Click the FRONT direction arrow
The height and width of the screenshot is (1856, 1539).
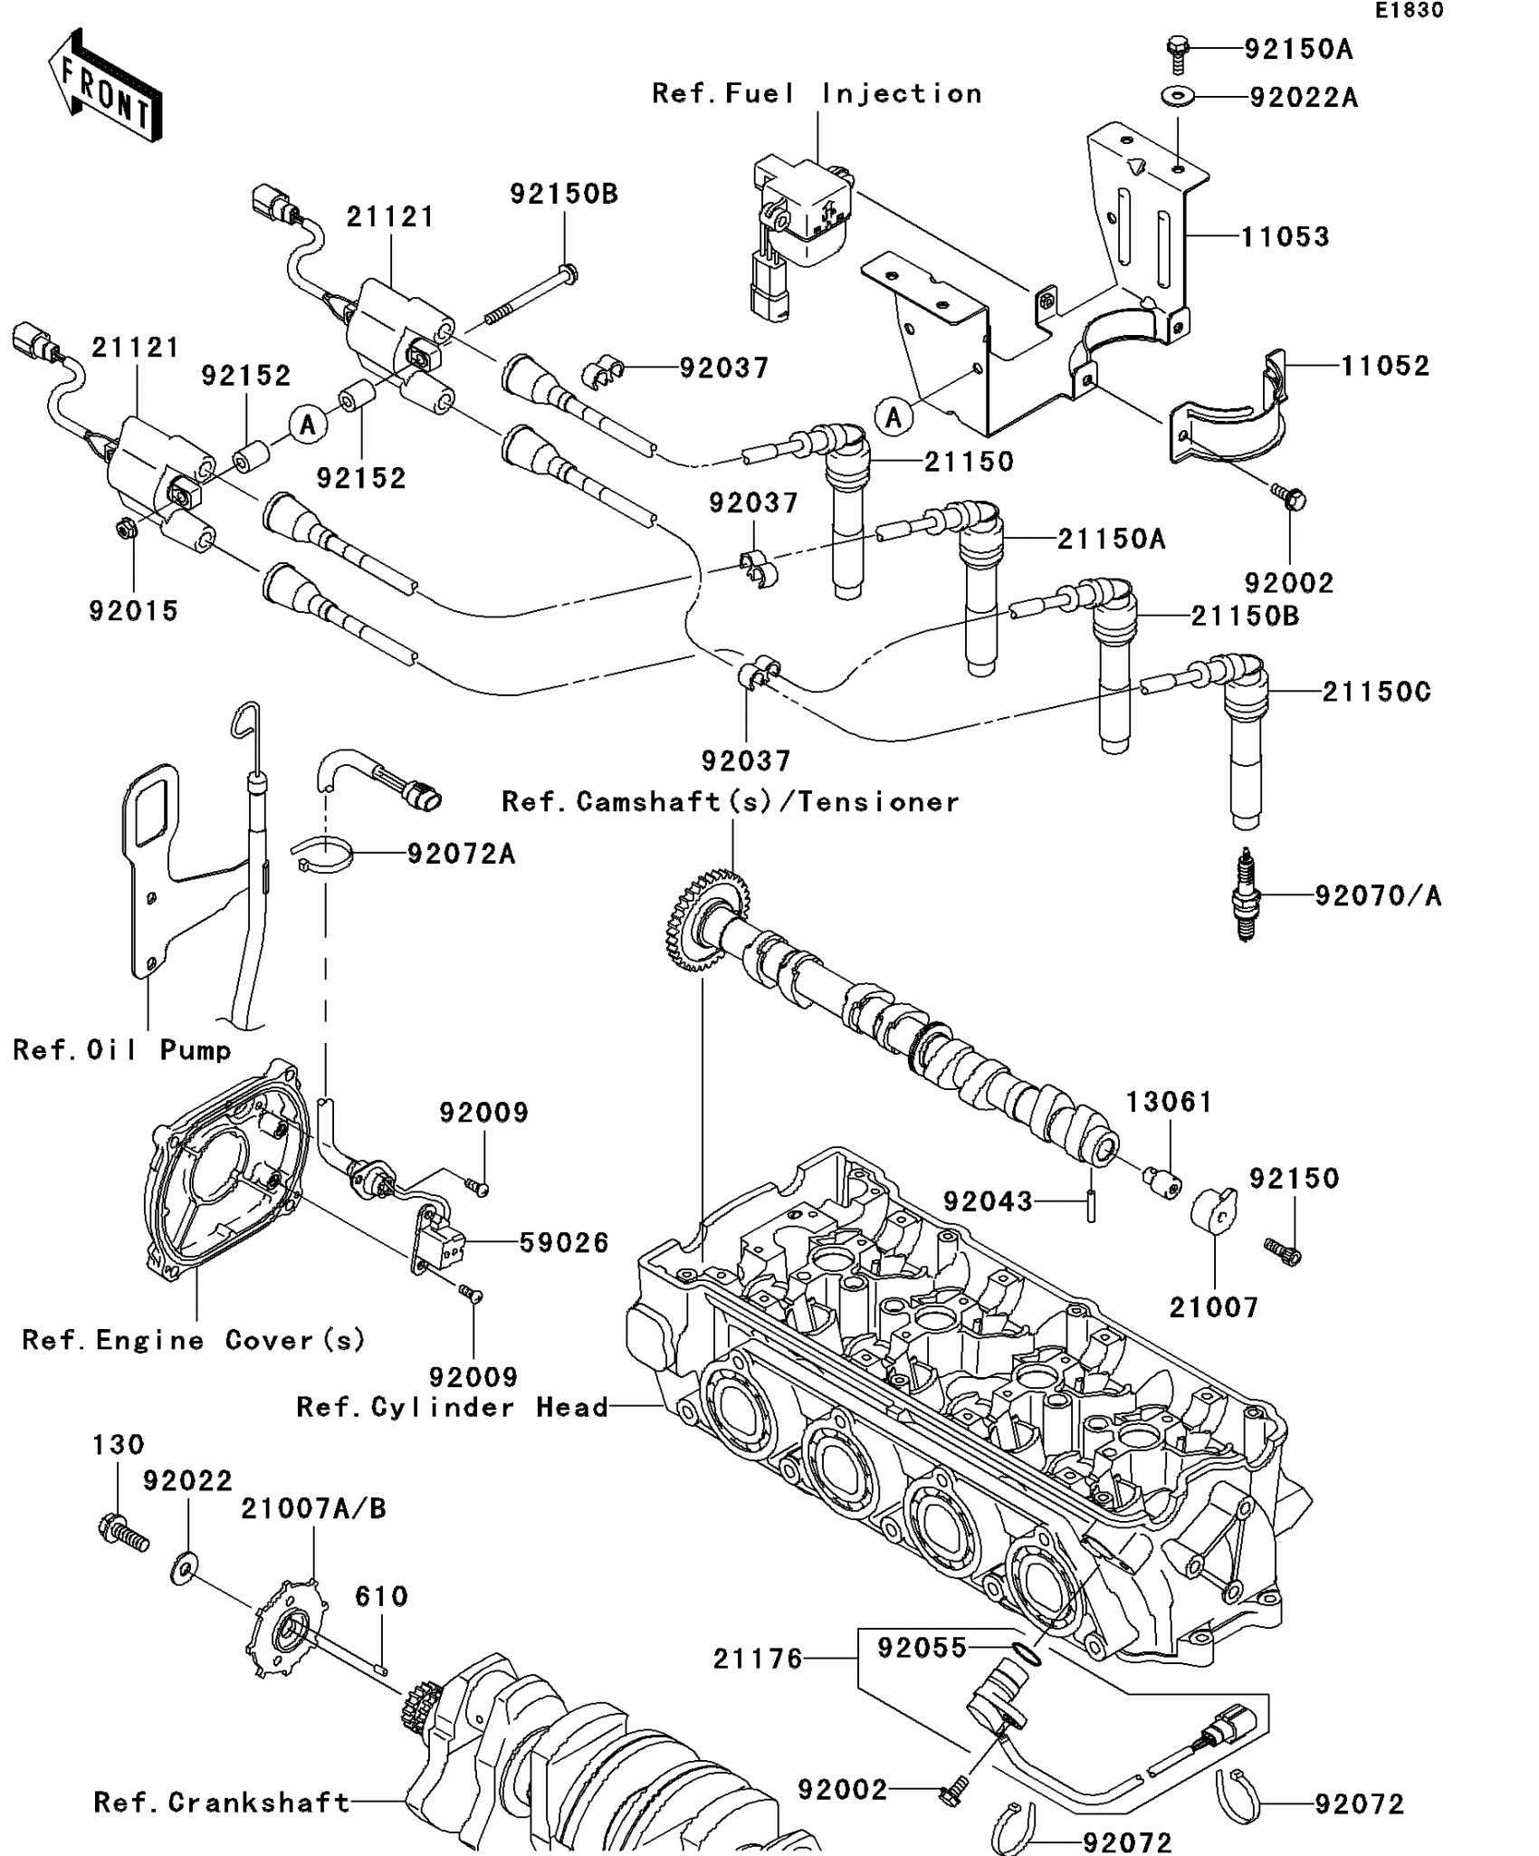tap(105, 86)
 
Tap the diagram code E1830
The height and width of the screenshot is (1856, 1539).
tap(1410, 11)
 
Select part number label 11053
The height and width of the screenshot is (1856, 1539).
tap(1285, 237)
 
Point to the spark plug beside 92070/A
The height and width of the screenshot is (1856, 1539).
tap(1247, 895)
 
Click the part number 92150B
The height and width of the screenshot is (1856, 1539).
tap(564, 194)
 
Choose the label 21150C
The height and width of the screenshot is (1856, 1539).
tap(1377, 693)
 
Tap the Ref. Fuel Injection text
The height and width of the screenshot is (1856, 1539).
tap(817, 94)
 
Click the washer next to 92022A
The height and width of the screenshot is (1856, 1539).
tap(1177, 94)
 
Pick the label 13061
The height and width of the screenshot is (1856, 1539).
tap(1169, 1102)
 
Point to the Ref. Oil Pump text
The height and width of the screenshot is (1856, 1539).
tap(122, 1050)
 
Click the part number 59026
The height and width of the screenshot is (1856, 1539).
tap(564, 1242)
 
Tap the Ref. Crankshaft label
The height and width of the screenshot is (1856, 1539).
tap(222, 1802)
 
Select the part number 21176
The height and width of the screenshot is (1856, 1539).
tap(758, 1659)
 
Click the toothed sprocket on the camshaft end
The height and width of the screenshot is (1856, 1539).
tap(707, 919)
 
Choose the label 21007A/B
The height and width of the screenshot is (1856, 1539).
tap(313, 1508)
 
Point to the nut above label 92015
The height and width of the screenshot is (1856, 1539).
tap(127, 527)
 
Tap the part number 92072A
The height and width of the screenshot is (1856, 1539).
tap(461, 854)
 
